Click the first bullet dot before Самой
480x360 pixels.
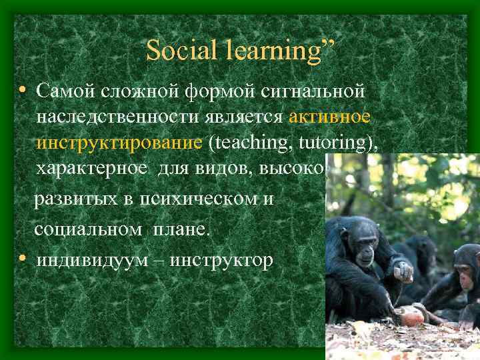coord(23,89)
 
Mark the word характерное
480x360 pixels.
coord(94,170)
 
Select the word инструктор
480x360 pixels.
coord(223,259)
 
